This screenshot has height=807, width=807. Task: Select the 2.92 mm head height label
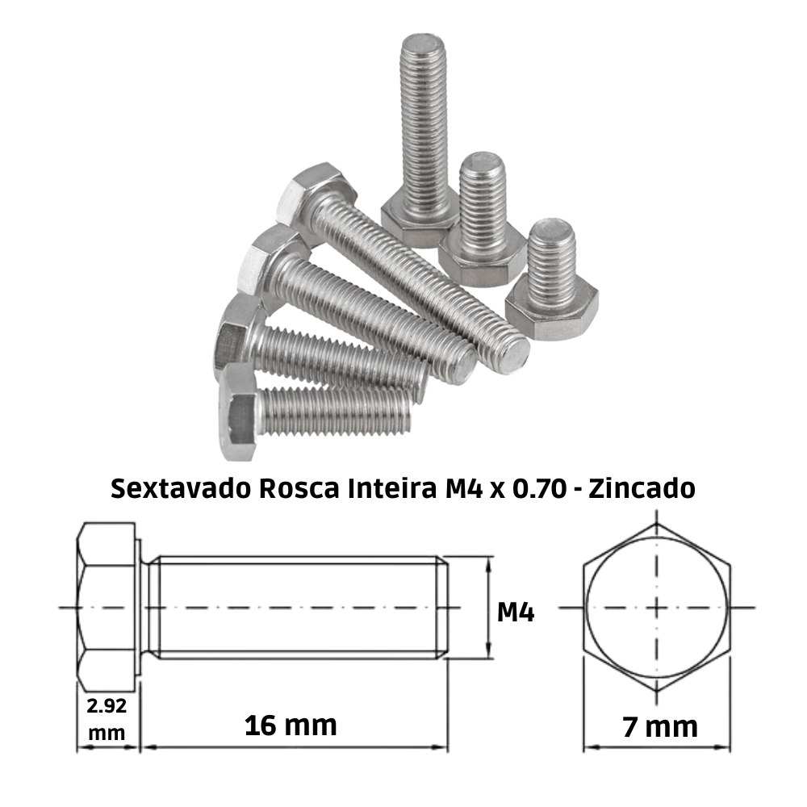click(x=107, y=717)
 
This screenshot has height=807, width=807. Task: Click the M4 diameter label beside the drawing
click(x=516, y=613)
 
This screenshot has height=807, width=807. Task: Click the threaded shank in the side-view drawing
click(x=299, y=607)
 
